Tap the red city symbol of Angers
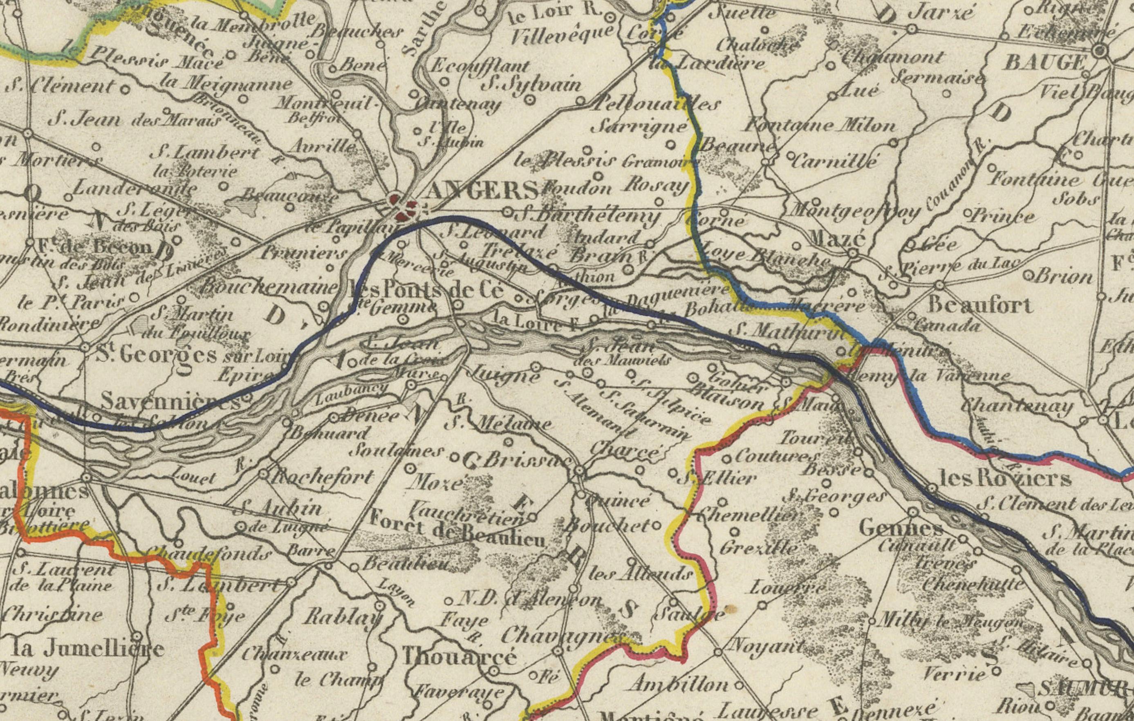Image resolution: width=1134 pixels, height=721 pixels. tap(403, 208)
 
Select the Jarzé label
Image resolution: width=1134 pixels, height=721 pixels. tap(940, 13)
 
